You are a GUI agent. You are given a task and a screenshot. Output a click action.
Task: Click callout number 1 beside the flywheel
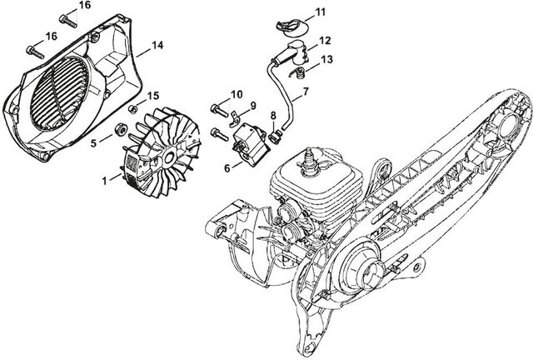click(104, 178)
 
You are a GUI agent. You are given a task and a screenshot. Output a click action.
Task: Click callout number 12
click(325, 39)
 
